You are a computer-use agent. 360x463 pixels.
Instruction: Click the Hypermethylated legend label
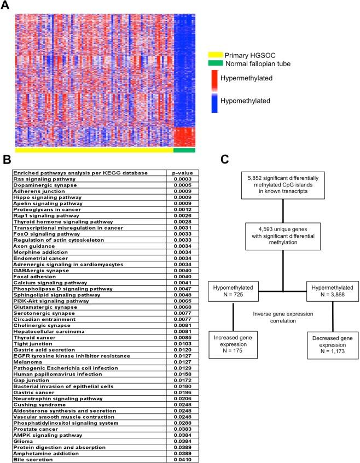pos(246,78)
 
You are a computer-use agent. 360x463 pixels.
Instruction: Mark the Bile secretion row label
pos(32,460)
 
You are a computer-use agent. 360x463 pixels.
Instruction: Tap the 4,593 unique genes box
pos(283,235)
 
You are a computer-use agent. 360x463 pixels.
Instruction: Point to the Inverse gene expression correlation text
pos(282,315)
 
